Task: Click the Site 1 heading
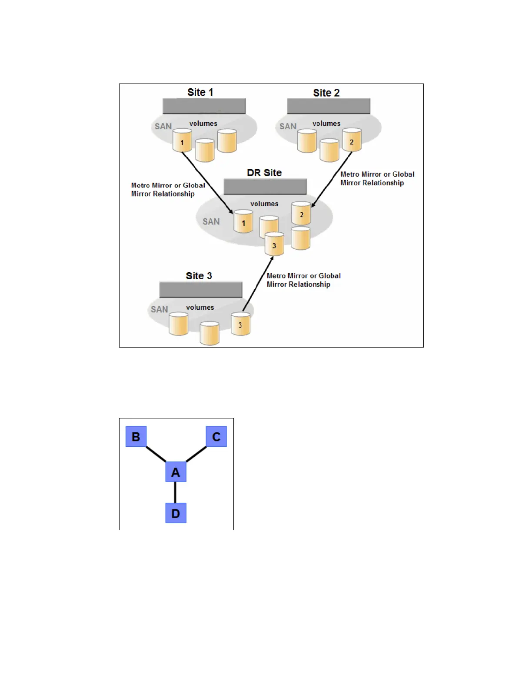(200, 92)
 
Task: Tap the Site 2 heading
(326, 93)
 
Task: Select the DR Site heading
(264, 173)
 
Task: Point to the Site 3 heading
(199, 276)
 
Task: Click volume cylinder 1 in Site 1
(182, 141)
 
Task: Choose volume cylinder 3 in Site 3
(240, 324)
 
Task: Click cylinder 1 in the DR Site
(243, 221)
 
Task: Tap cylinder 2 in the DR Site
(301, 213)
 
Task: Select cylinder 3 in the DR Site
(274, 244)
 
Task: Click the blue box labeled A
(176, 472)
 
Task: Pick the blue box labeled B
(136, 436)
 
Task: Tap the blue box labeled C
(216, 436)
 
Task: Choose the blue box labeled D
(176, 513)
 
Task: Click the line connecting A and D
(175, 492)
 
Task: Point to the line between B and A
(156, 454)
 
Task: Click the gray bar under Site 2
(328, 106)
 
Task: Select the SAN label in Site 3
(159, 309)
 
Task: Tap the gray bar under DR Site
(265, 187)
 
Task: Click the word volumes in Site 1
(203, 124)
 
